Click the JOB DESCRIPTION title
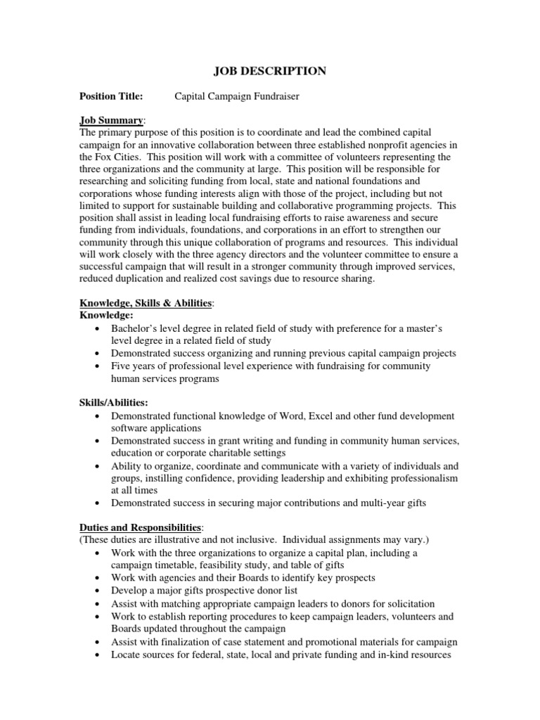[x=269, y=70]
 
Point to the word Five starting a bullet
[x=122, y=366]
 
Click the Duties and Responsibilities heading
[x=140, y=528]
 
